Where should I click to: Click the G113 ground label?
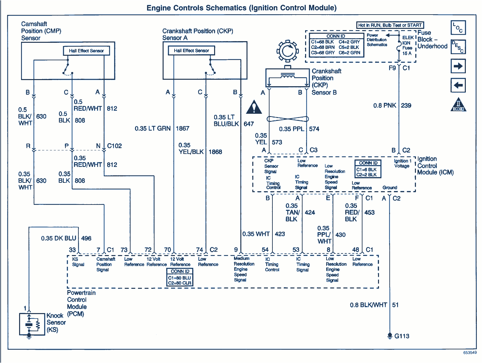[402, 336]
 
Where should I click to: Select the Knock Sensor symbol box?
[32, 324]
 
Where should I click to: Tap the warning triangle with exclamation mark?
[254, 107]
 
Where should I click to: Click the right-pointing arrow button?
[458, 66]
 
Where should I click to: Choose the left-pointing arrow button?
[458, 86]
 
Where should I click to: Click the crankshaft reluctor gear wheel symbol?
[287, 51]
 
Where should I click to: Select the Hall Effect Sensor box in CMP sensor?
[86, 51]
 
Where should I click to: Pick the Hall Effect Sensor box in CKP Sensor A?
[191, 51]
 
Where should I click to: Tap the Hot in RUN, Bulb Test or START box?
[390, 25]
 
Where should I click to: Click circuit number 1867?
[182, 128]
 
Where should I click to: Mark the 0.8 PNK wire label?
[384, 105]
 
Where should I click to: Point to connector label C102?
[114, 146]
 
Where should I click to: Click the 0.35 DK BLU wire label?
[59, 238]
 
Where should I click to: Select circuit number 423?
[280, 234]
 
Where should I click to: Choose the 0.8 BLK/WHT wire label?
[368, 305]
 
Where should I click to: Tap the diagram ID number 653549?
[470, 353]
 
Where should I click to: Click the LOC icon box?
[458, 28]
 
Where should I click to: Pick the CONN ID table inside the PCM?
[180, 277]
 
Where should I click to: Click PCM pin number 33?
[72, 250]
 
